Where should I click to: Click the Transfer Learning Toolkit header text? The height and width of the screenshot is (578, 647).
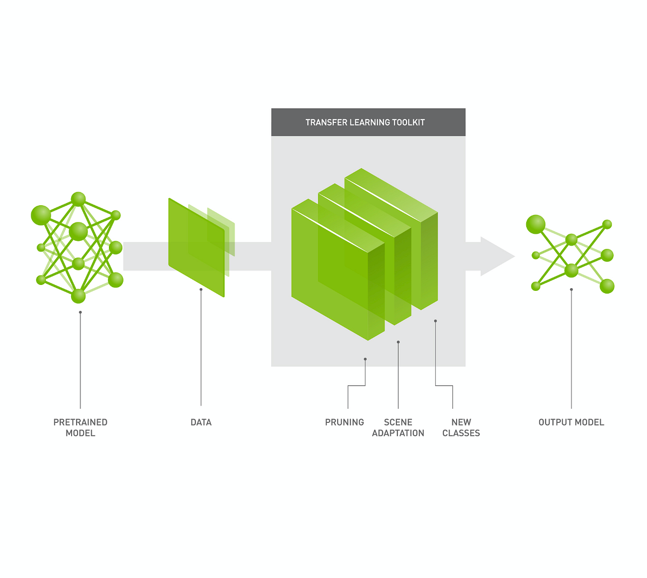365,122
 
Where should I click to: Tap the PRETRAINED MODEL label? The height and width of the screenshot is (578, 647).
80,427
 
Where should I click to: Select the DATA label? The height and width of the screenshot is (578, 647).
201,422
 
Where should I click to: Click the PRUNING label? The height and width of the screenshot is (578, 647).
345,422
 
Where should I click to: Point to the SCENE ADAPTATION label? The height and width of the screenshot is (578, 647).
398,427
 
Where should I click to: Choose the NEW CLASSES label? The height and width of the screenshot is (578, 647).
461,427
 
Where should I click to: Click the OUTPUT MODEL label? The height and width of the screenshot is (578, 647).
571,422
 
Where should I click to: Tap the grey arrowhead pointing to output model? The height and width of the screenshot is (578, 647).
496,256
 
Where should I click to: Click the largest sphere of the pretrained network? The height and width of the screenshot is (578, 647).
41,215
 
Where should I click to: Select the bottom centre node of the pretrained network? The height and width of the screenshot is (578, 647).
78,296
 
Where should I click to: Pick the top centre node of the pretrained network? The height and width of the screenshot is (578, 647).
78,199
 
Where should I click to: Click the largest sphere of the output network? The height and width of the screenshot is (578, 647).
535,224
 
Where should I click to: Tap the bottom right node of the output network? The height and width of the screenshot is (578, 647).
607,286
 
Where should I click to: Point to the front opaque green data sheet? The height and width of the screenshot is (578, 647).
196,248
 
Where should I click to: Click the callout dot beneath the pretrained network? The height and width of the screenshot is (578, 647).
80,312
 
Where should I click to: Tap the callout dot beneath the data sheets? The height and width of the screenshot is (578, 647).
201,290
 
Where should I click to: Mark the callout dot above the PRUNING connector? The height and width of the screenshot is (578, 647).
365,359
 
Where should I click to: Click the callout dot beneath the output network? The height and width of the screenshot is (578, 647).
572,290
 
